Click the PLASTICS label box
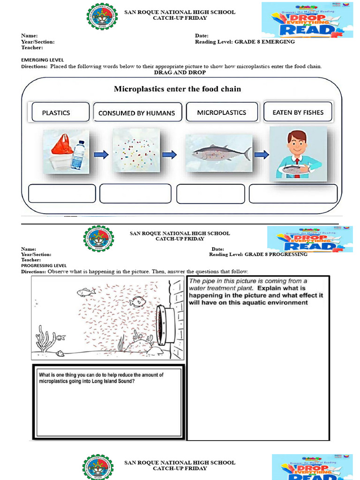tap(60, 112)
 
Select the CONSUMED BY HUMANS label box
tap(136, 113)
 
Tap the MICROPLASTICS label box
tap(222, 112)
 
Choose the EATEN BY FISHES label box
tap(298, 112)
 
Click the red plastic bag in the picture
tap(62, 144)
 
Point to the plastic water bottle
tap(78, 154)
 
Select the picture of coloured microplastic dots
tap(136, 151)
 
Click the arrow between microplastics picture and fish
tap(170, 154)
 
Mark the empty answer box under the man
tap(293, 194)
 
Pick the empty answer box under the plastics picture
tap(62, 194)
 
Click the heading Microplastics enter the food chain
tap(178, 89)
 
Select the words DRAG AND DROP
tap(180, 73)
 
